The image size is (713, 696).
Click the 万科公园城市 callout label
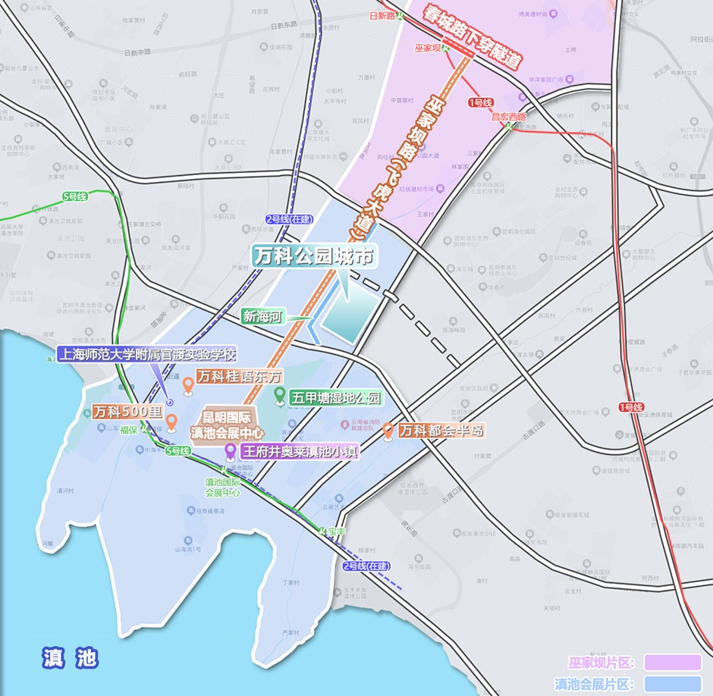click(x=314, y=256)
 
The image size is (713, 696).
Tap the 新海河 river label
click(x=261, y=317)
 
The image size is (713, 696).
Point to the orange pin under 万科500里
click(x=171, y=422)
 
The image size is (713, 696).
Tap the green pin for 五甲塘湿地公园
click(x=279, y=396)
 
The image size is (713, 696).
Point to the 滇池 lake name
click(x=71, y=657)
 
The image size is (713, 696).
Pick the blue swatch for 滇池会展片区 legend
click(x=672, y=684)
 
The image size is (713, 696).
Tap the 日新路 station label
click(x=383, y=15)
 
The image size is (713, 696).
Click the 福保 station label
click(x=127, y=430)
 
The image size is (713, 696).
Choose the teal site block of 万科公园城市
click(x=350, y=318)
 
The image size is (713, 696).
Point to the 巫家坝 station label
click(x=428, y=48)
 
